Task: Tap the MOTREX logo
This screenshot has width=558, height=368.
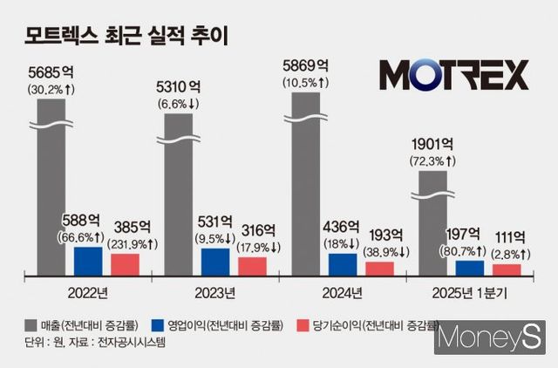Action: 453,75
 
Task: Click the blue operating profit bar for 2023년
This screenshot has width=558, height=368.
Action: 215,262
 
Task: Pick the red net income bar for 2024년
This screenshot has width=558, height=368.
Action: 380,268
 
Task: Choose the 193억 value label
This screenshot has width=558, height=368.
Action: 382,234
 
